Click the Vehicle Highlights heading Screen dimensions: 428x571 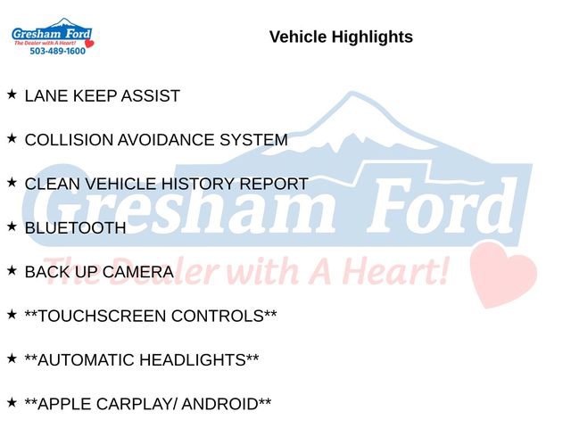(x=341, y=37)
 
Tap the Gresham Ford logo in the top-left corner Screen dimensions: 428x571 (x=52, y=34)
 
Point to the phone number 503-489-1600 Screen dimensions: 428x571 (x=57, y=51)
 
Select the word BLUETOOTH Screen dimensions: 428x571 (x=75, y=228)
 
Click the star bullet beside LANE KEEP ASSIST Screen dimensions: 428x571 (x=12, y=94)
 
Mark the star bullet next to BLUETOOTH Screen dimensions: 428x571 (x=12, y=226)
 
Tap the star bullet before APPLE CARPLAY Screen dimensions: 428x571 (x=12, y=401)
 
